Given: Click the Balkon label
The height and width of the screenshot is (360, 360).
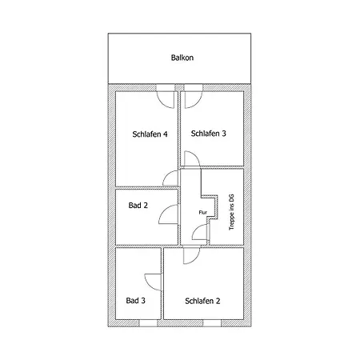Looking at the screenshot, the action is click(182, 58).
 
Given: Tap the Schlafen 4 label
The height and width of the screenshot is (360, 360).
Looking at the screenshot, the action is click(150, 134).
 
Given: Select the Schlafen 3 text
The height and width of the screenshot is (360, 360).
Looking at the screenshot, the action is click(208, 134).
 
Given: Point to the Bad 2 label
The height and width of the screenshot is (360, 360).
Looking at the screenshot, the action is click(138, 206).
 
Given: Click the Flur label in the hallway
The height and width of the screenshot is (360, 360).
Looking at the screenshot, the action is click(203, 213).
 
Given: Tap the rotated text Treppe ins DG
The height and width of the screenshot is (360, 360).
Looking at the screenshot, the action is click(231, 212).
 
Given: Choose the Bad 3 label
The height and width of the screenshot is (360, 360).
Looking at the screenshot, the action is click(135, 301).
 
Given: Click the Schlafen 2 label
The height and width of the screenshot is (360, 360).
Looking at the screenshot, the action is click(202, 301).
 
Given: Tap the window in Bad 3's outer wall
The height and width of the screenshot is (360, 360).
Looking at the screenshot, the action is click(148, 323).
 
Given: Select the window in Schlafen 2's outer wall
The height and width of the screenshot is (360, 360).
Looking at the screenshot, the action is click(212, 323).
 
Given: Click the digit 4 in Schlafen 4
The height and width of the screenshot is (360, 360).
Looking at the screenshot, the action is click(166, 134).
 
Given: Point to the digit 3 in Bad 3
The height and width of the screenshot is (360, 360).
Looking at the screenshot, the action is click(143, 301).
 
